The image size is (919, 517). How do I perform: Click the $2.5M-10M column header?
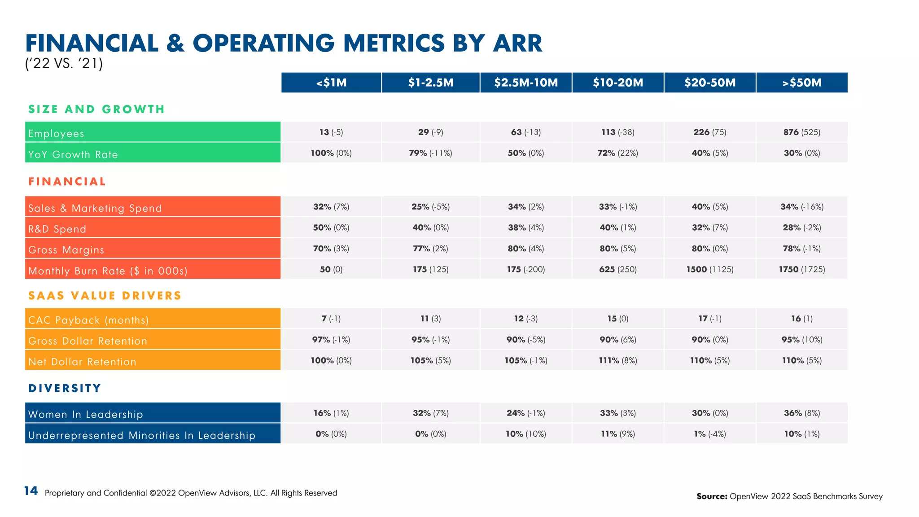click(x=526, y=83)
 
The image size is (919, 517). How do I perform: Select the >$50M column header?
click(x=802, y=83)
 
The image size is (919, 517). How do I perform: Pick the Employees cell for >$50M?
click(x=802, y=132)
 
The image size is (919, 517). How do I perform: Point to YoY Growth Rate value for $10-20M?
click(x=617, y=153)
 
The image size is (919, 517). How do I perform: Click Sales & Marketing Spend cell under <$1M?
click(x=331, y=206)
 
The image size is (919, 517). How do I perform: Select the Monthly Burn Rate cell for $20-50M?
click(x=709, y=269)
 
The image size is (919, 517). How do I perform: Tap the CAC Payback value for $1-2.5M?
click(x=430, y=319)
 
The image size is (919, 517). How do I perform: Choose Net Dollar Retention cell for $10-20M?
click(x=617, y=360)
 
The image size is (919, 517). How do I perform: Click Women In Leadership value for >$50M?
click(x=802, y=413)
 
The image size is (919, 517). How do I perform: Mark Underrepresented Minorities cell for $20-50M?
click(x=709, y=434)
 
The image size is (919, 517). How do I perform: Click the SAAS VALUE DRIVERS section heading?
click(x=105, y=296)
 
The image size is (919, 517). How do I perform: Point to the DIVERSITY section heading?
click(x=65, y=388)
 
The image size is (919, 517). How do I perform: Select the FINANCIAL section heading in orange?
click(x=67, y=182)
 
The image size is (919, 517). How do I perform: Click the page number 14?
click(x=31, y=491)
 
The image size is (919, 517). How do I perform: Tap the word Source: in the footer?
click(x=712, y=496)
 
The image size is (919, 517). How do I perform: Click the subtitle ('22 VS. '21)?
click(x=64, y=63)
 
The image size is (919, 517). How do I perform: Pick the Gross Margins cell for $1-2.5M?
click(x=430, y=249)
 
